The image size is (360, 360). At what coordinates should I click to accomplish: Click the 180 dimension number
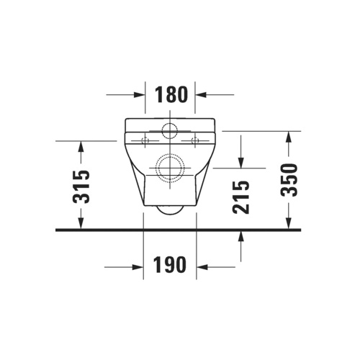point(171,94)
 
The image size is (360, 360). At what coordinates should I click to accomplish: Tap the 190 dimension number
point(171,266)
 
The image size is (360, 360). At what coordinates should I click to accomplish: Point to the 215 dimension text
point(241,196)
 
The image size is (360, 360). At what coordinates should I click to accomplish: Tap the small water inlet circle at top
point(171,131)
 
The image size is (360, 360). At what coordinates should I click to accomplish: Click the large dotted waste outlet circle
point(171,166)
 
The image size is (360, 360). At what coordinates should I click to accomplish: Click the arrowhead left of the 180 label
point(140,94)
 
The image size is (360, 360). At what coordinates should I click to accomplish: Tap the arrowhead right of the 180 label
point(202,94)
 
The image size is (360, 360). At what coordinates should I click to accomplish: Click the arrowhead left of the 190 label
point(138,266)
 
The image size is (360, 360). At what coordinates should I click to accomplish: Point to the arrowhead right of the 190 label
point(203,266)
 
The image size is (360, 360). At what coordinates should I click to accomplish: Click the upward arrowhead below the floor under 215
point(241,237)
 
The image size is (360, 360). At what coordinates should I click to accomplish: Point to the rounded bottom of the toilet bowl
point(171,211)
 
